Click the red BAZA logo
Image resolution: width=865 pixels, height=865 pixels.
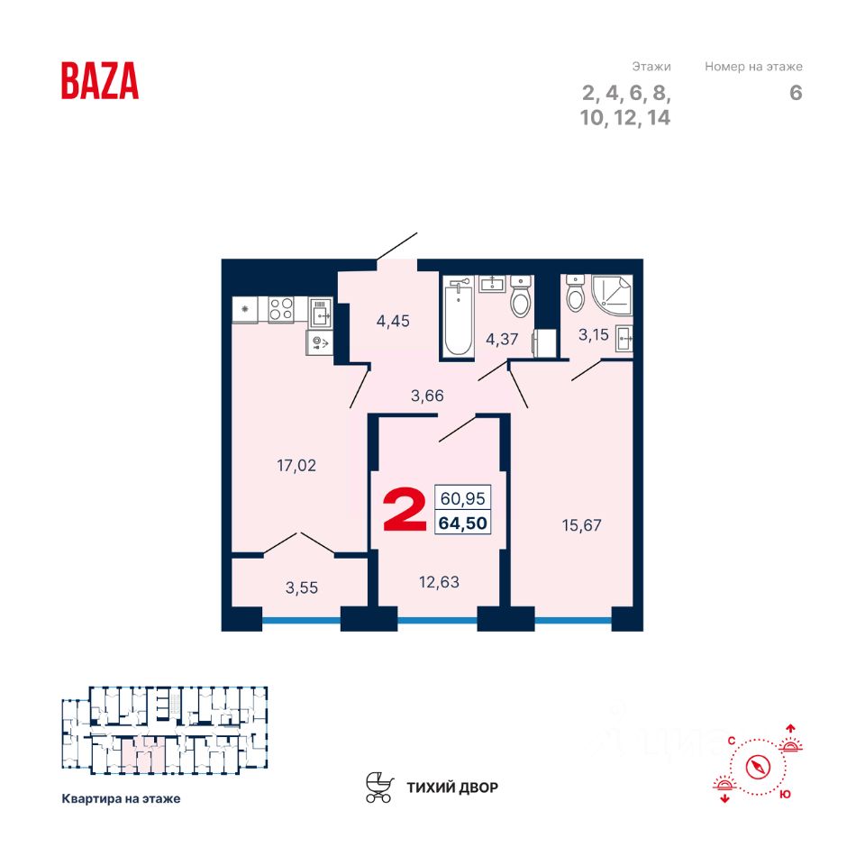click(x=100, y=80)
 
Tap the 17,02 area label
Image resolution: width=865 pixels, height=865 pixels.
click(x=296, y=466)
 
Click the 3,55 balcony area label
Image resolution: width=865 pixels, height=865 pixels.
click(x=302, y=588)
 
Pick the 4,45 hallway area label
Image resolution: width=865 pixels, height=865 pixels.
click(x=392, y=320)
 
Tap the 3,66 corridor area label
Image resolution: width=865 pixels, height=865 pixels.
click(x=426, y=395)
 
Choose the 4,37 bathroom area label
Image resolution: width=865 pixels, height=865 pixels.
click(x=502, y=339)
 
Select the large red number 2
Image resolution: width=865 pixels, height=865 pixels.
click(x=405, y=510)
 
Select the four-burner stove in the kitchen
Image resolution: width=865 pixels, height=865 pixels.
click(x=281, y=309)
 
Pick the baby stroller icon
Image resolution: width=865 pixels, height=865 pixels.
click(x=379, y=787)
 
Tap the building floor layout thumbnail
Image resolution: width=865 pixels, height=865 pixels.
click(x=164, y=731)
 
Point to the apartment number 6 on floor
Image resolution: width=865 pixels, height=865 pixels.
click(x=796, y=93)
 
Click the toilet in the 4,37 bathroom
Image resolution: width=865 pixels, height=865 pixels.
click(x=520, y=298)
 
